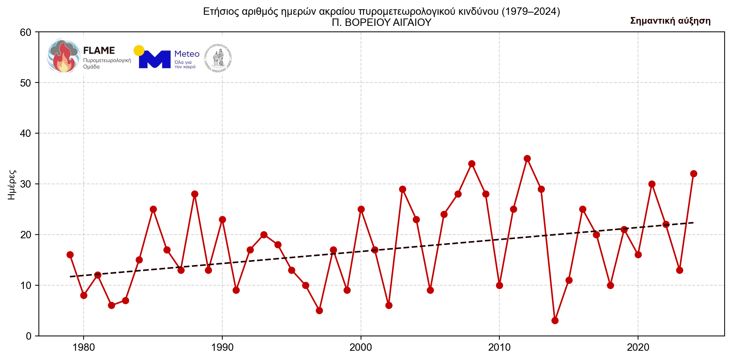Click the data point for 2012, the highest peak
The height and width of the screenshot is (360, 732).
527,159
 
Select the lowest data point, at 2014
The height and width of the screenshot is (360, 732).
555,320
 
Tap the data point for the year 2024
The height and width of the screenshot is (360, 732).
694,174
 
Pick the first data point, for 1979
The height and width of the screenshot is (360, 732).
70,255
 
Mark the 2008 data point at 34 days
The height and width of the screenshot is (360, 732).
472,164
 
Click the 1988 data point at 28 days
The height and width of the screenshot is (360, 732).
195,194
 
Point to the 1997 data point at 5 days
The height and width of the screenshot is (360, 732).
319,310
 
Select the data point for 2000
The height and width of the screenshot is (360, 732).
361,209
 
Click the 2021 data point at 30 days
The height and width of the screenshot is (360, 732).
652,184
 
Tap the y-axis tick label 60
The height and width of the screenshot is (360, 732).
26,32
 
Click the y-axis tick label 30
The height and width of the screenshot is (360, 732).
26,184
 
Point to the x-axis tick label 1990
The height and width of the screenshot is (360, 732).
222,347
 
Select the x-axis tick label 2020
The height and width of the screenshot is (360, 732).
638,347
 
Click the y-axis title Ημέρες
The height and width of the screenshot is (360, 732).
12,184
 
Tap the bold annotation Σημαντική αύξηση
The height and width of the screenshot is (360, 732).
670,21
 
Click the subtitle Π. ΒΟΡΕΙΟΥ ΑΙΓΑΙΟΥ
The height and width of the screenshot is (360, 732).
381,23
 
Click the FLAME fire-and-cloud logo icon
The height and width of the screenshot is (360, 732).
64,56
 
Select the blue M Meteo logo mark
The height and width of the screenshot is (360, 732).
155,60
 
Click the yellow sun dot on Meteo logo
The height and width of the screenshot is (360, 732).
139,51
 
